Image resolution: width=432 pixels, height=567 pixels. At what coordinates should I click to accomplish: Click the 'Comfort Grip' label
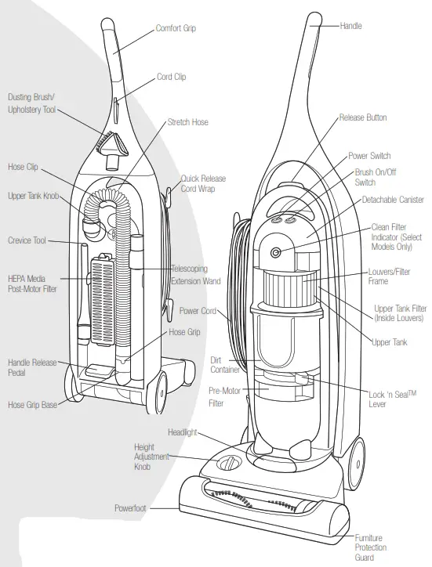176,28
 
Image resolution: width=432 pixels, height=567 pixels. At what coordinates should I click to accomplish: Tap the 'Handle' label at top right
350,26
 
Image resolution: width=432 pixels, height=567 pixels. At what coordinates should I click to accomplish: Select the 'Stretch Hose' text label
187,122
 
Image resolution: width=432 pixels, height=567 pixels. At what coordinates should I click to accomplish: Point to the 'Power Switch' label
369,156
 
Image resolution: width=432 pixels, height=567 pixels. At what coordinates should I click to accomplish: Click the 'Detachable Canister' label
393,200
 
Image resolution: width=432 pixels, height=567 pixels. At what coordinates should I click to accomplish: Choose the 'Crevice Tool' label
27,240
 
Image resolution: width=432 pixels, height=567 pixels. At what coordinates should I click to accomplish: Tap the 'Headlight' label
183,432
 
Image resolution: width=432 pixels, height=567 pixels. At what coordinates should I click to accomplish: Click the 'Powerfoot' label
130,508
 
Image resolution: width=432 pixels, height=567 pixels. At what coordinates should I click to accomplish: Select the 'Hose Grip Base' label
33,405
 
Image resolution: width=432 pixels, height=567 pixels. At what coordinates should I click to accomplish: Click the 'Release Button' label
363,117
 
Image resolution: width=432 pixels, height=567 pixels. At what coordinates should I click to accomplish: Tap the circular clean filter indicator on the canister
276,252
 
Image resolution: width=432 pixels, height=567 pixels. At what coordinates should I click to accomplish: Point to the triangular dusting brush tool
111,143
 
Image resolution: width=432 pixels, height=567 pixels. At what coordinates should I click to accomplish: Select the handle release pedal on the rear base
99,370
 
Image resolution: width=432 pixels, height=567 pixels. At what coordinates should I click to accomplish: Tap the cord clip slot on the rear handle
115,107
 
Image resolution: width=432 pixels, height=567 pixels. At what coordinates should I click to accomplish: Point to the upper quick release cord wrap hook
168,194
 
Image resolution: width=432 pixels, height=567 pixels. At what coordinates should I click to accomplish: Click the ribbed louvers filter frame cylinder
289,287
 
